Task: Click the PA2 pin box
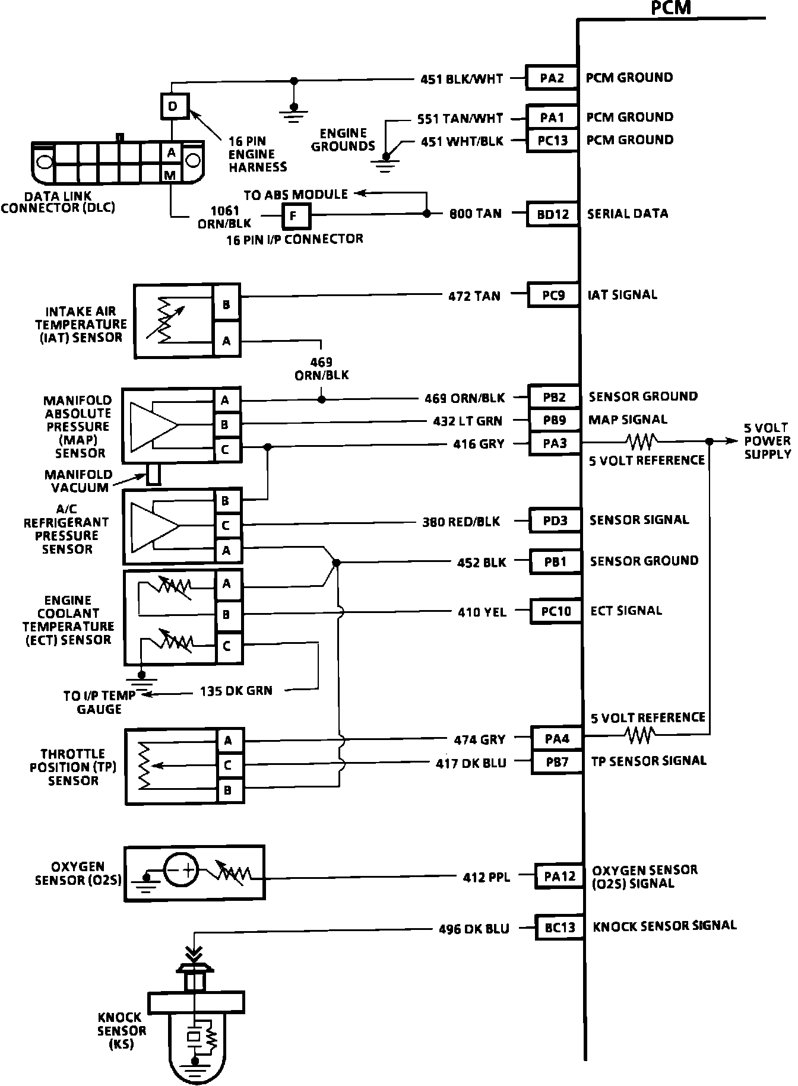coord(552,78)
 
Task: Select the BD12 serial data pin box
coord(553,214)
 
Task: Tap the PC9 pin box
coord(553,295)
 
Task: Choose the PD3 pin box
coord(555,520)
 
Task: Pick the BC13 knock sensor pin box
coord(559,927)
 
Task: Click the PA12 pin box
coord(559,876)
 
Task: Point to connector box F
coord(295,217)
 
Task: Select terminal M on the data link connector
coord(171,174)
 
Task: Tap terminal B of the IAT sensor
coord(226,305)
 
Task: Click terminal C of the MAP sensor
coord(225,450)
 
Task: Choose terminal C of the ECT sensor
coord(227,646)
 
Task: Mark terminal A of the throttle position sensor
coord(227,740)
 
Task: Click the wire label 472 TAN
coord(474,296)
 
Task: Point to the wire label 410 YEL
coord(482,611)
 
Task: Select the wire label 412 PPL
coord(486,877)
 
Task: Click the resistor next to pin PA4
coord(640,736)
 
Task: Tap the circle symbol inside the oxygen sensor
coord(180,871)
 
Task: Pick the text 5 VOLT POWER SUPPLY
coord(767,441)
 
